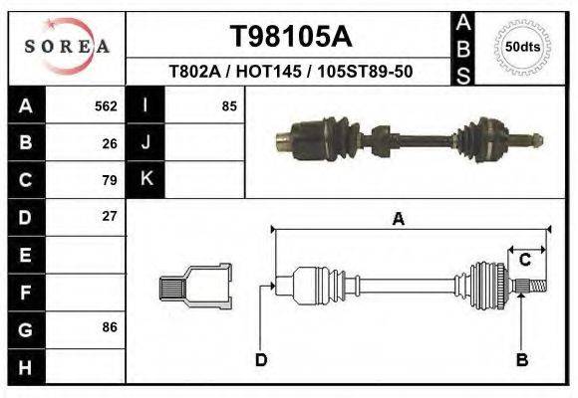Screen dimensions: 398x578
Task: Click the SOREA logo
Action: (67, 47)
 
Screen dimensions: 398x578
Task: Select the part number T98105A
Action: (291, 37)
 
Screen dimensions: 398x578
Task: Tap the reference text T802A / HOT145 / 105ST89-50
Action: (291, 72)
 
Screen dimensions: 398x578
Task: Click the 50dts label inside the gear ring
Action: (523, 47)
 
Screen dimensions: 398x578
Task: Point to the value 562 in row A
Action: (106, 105)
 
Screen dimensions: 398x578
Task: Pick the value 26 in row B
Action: (110, 142)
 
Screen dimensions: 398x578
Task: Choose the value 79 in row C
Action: (110, 180)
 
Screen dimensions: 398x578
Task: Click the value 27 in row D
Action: (110, 216)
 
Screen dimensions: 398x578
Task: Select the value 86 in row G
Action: (110, 327)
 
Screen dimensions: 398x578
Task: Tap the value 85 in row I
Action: (229, 105)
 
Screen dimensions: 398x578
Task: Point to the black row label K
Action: (146, 179)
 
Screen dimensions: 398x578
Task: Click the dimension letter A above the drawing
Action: (399, 220)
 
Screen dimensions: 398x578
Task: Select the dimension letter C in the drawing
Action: (524, 260)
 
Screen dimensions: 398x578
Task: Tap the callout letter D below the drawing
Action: (261, 359)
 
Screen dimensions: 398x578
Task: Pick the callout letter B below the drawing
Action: (521, 359)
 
